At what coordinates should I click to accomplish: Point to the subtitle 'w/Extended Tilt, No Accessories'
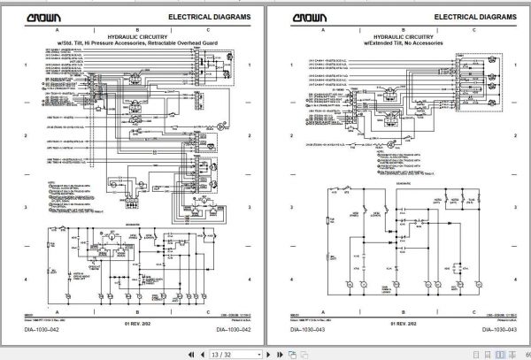pyautogui.click(x=396, y=42)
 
